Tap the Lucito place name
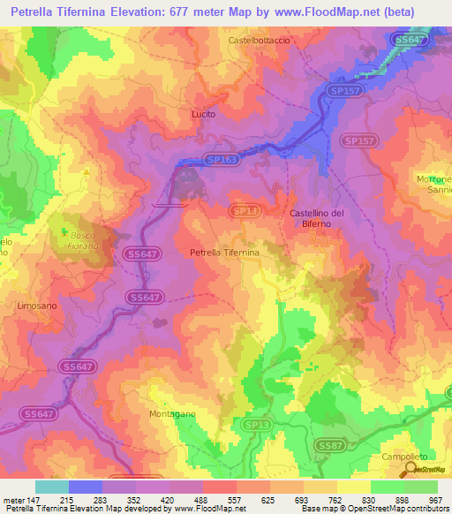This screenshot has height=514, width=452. [203, 114]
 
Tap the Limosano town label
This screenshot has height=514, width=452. [36, 305]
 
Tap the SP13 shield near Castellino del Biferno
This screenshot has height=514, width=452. [244, 211]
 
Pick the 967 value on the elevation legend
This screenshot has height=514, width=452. [435, 499]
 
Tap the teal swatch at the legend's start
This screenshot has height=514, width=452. [52, 487]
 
